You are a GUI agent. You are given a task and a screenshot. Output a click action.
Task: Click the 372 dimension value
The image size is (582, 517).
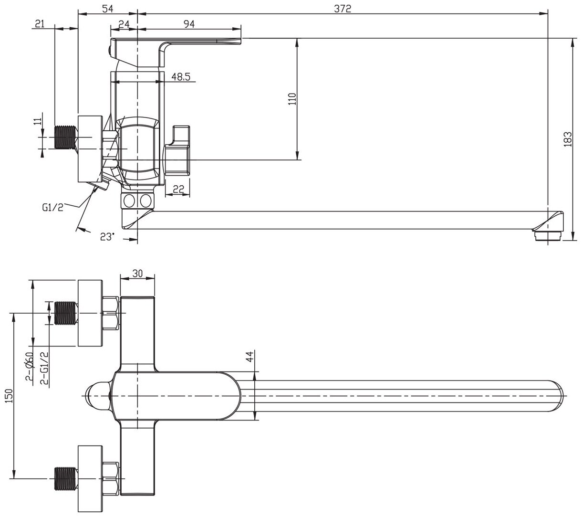click(342, 9)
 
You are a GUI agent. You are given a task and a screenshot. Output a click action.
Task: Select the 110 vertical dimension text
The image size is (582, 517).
click(292, 99)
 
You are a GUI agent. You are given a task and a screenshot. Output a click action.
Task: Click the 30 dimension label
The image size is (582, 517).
click(137, 274)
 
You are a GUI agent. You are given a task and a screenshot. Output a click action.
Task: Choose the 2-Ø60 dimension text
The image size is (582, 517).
click(29, 368)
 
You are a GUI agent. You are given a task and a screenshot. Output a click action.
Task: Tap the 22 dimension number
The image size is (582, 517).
click(178, 189)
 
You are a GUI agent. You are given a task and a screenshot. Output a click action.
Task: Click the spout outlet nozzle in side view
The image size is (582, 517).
click(545, 234)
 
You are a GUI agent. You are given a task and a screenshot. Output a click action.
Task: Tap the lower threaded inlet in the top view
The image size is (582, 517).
click(65, 478)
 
